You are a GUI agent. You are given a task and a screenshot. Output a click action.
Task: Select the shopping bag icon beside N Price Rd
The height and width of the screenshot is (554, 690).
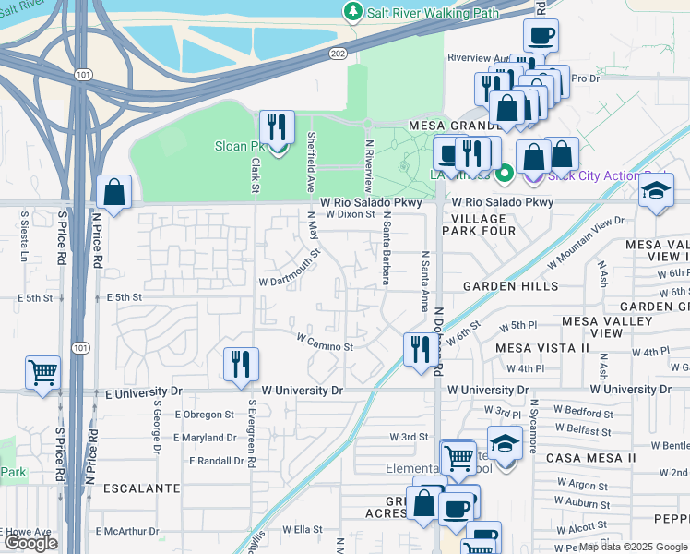pos(113,194)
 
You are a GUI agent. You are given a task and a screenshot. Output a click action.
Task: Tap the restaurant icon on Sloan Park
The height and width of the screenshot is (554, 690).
pos(277,128)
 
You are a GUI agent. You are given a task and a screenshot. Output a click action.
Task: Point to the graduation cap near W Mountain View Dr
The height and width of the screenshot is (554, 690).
pos(656,192)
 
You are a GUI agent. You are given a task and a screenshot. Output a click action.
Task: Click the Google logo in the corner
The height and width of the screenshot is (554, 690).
pos(30,543)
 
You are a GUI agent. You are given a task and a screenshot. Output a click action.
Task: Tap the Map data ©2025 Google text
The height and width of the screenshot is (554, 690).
pos(633,547)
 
